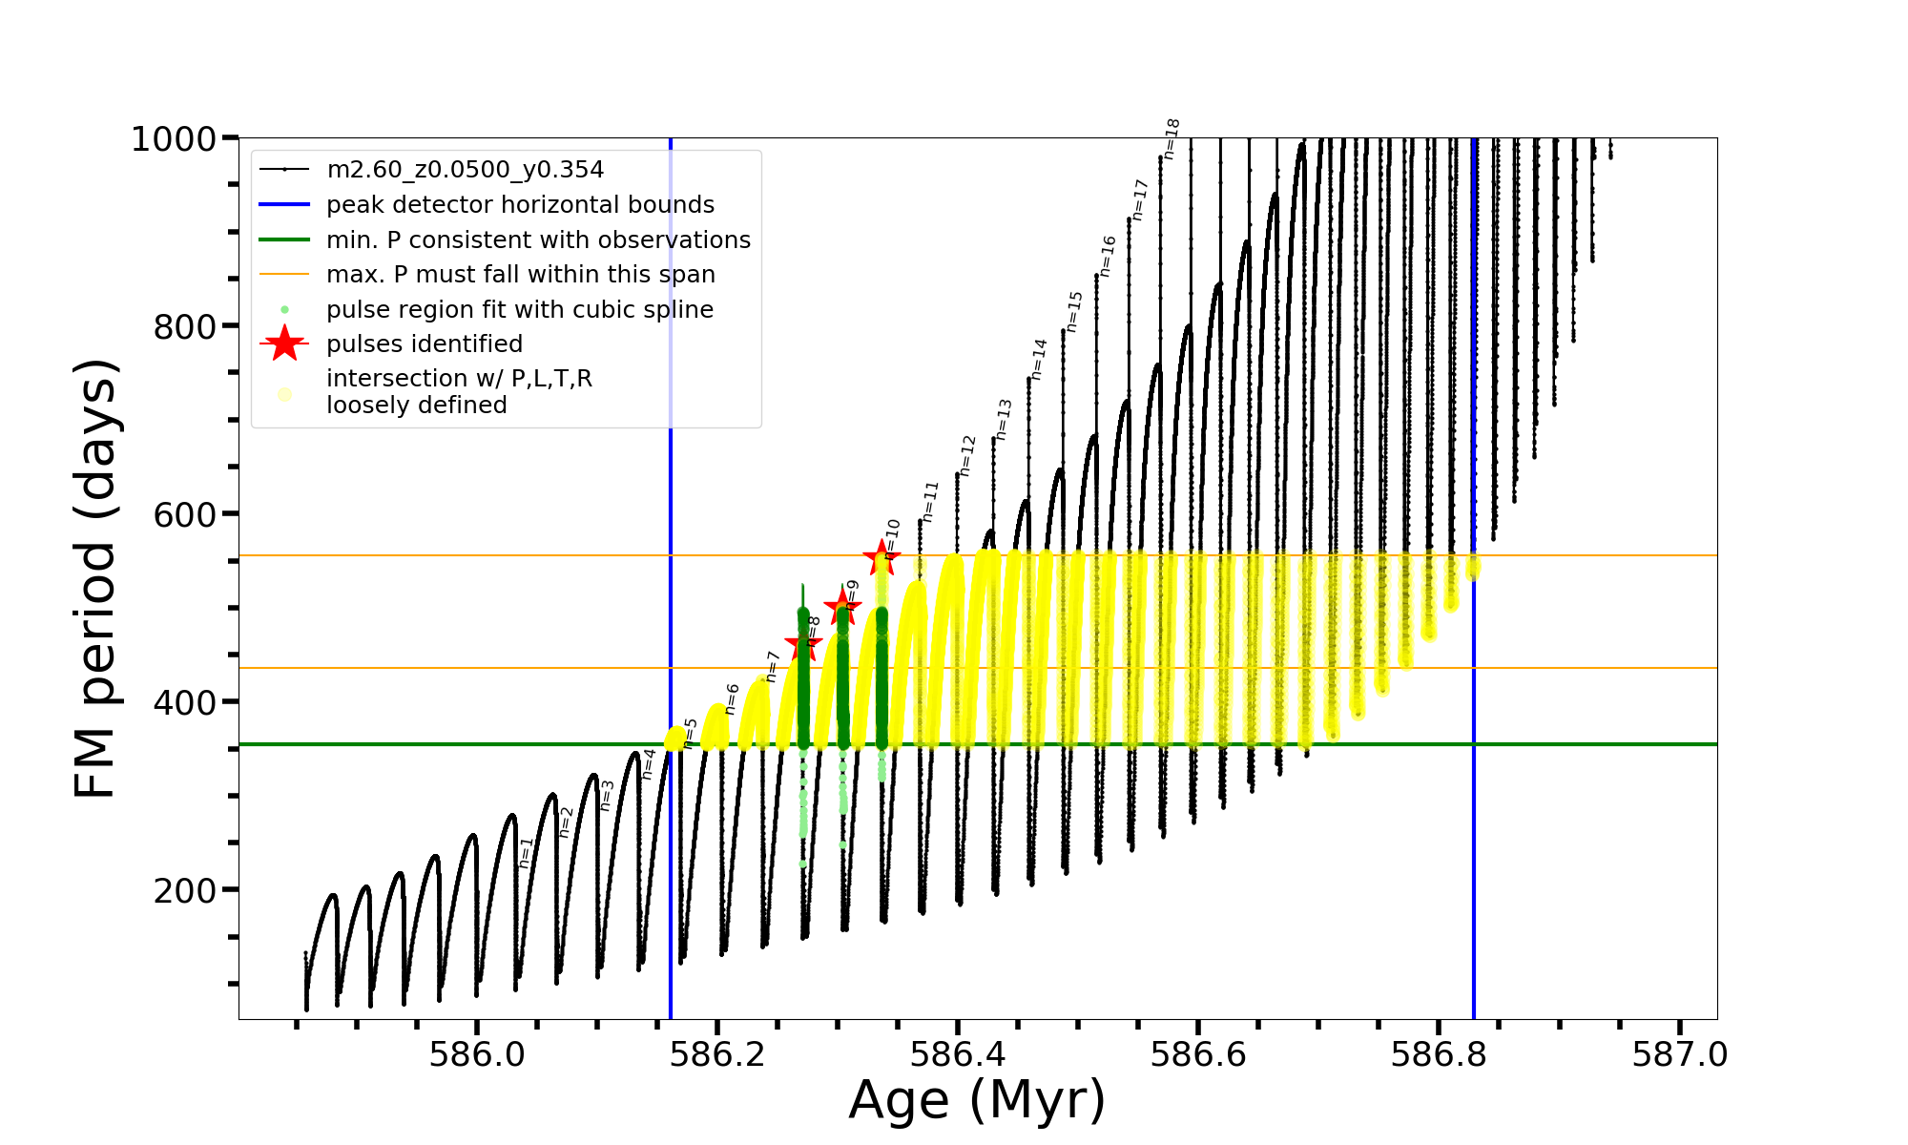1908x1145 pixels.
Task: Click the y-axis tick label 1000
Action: coord(174,139)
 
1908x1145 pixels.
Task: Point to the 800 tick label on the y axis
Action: coord(185,327)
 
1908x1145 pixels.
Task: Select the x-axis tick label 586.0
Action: coord(477,1055)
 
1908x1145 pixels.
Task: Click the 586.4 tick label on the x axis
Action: coord(958,1055)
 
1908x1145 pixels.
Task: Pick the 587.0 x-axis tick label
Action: coord(1679,1055)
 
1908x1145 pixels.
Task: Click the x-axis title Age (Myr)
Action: coord(977,1100)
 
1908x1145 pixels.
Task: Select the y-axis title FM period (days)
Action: coord(96,578)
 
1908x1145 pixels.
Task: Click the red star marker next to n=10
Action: coord(881,558)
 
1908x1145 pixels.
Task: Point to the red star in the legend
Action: coord(284,343)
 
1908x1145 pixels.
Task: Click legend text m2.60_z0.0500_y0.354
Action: coord(465,170)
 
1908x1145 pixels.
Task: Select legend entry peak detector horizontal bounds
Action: coord(520,205)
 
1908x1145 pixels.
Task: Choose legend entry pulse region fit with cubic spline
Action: coord(519,310)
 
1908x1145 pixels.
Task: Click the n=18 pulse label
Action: coord(1172,139)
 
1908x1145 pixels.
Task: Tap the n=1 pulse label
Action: coord(526,853)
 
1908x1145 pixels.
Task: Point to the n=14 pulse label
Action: coord(1039,359)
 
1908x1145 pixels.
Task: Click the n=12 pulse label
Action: coord(967,455)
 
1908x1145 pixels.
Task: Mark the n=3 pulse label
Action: coord(607,796)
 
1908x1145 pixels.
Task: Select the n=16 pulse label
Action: coord(1107,256)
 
